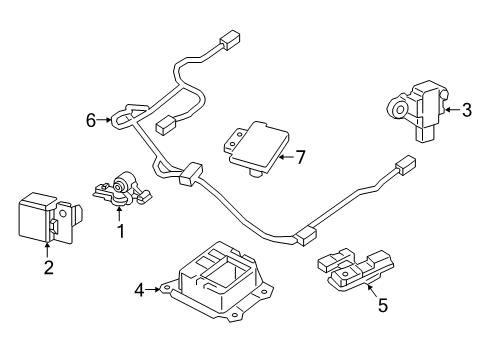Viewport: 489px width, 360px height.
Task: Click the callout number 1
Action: click(x=122, y=231)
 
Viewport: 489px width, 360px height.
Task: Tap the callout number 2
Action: click(x=47, y=266)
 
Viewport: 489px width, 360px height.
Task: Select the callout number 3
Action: click(x=466, y=112)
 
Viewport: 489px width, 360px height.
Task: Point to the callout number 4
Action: click(x=138, y=291)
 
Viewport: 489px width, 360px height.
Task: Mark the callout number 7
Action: click(x=301, y=156)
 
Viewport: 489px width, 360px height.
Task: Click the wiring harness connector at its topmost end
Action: click(x=229, y=43)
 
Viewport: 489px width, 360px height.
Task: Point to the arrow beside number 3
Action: click(x=450, y=112)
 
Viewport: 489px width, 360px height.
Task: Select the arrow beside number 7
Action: click(x=283, y=156)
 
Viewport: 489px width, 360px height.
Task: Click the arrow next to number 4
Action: click(x=153, y=291)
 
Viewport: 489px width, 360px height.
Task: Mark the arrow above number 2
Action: click(x=47, y=248)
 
